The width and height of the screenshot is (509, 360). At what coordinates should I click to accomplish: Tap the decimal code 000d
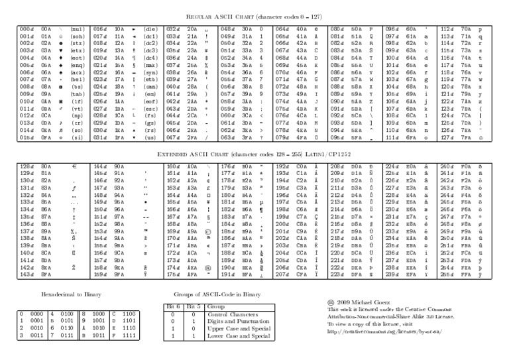(x=27, y=29)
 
